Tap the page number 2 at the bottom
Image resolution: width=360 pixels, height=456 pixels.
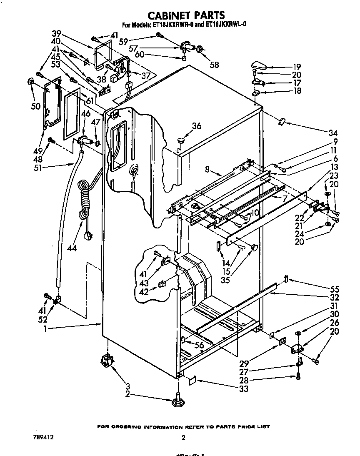tap(183, 438)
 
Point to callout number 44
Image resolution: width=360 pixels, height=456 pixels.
tap(72, 248)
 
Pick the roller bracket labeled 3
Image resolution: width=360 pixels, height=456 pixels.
tap(108, 360)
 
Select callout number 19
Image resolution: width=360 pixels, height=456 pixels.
tap(297, 67)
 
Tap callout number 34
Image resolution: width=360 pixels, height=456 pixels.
tap(332, 133)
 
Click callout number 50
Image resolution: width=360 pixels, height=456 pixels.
tap(36, 106)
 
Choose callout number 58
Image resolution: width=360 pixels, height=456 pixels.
tap(215, 64)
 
